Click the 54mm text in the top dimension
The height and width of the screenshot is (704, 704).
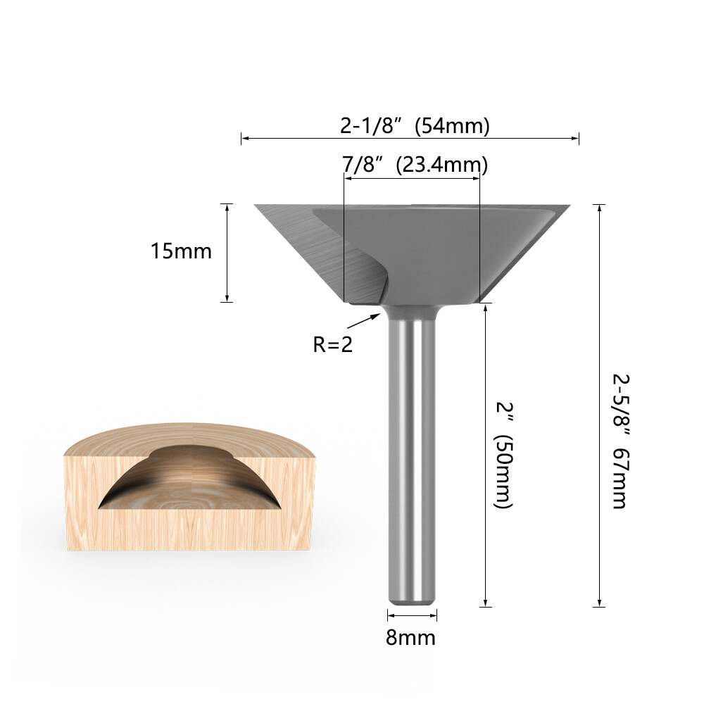tap(452, 126)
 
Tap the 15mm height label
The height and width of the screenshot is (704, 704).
tap(181, 251)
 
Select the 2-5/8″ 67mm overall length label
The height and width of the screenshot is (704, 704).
tap(619, 440)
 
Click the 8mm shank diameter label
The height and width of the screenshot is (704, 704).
tap(410, 638)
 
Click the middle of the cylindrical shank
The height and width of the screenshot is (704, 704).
tap(410, 458)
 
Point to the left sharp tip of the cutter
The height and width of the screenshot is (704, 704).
tap(256, 206)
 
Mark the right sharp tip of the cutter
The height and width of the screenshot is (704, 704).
tap(569, 206)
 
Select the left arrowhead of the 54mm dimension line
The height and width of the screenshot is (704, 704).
tap(244, 139)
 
